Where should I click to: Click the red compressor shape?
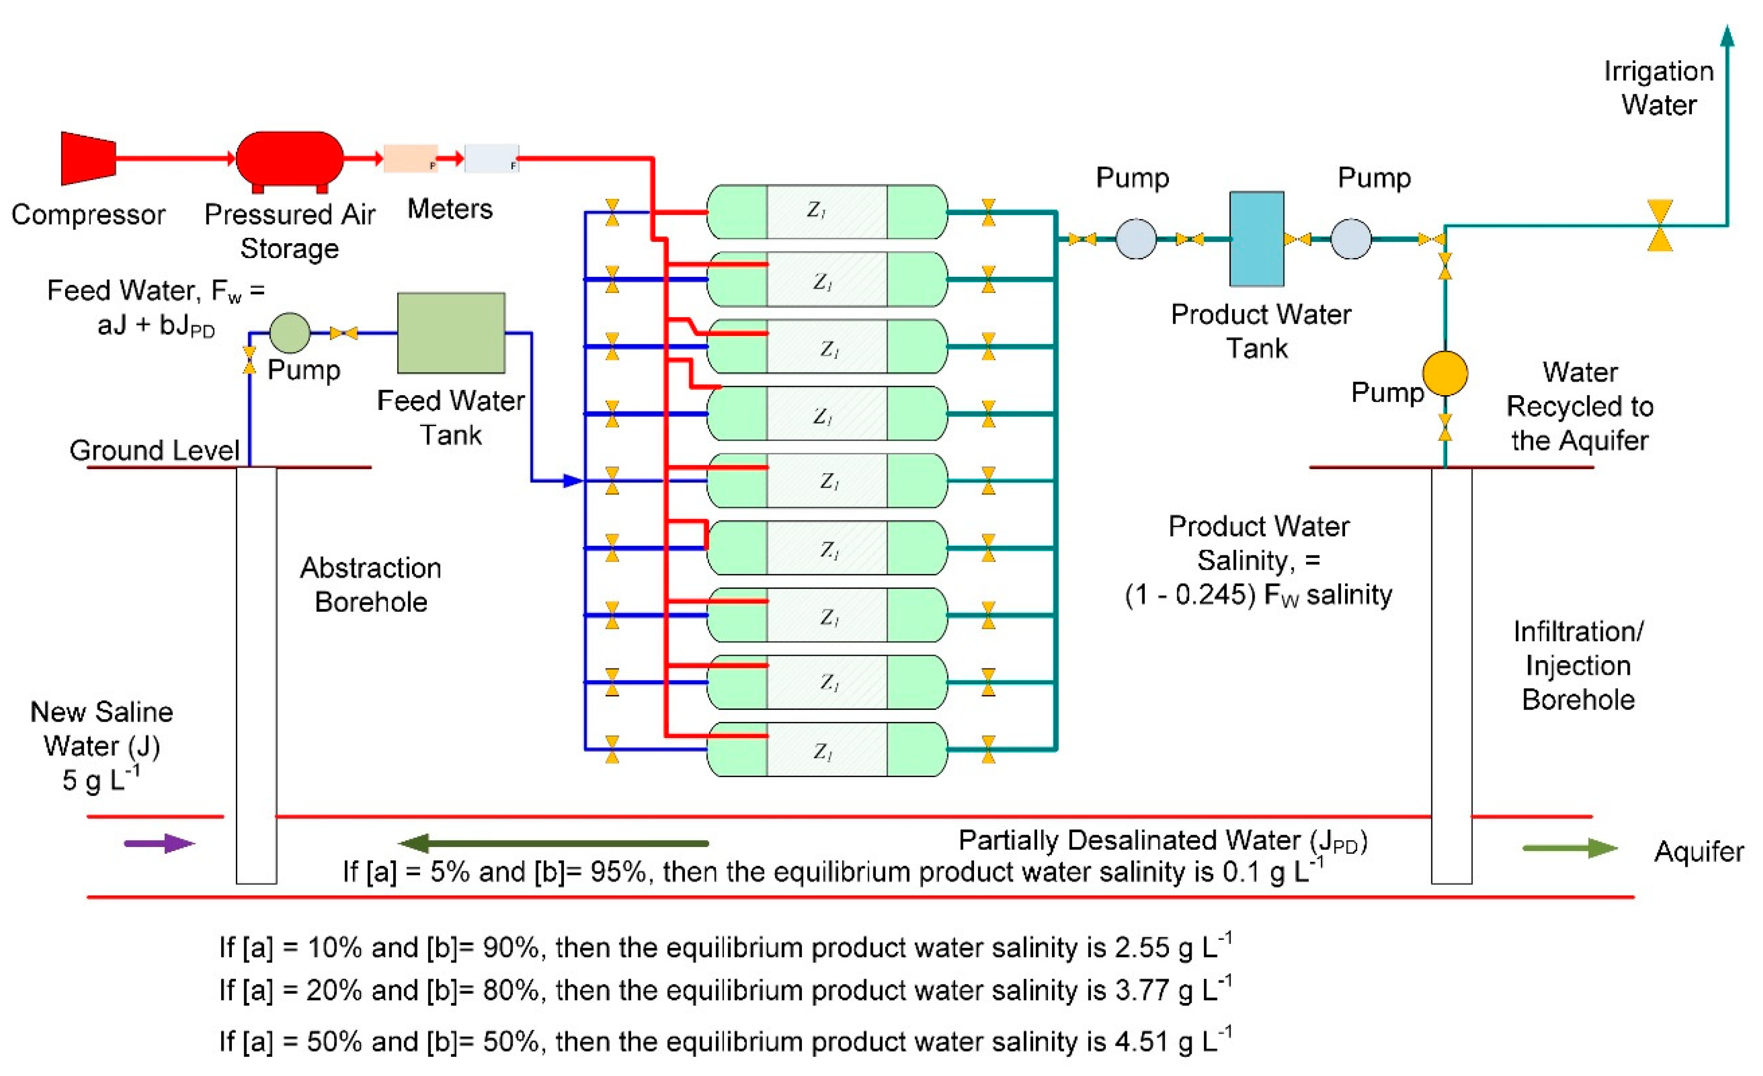coord(87,158)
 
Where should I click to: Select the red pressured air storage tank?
coord(290,158)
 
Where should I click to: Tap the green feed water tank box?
coord(451,333)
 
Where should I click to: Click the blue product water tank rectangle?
coord(1256,239)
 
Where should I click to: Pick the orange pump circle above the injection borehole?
coord(1445,373)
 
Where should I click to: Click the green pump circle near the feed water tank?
coord(290,333)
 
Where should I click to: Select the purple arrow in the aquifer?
coord(159,844)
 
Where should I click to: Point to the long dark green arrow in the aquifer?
coord(555,844)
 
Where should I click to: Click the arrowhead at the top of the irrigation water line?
coord(1726,36)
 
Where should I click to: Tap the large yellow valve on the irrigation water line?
coord(1659,225)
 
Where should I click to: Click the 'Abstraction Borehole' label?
coord(371,585)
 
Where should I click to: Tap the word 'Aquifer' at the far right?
coord(1698,852)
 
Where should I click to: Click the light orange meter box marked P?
coord(410,158)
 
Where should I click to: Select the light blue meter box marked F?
coord(491,158)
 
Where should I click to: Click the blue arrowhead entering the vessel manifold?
coord(573,481)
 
